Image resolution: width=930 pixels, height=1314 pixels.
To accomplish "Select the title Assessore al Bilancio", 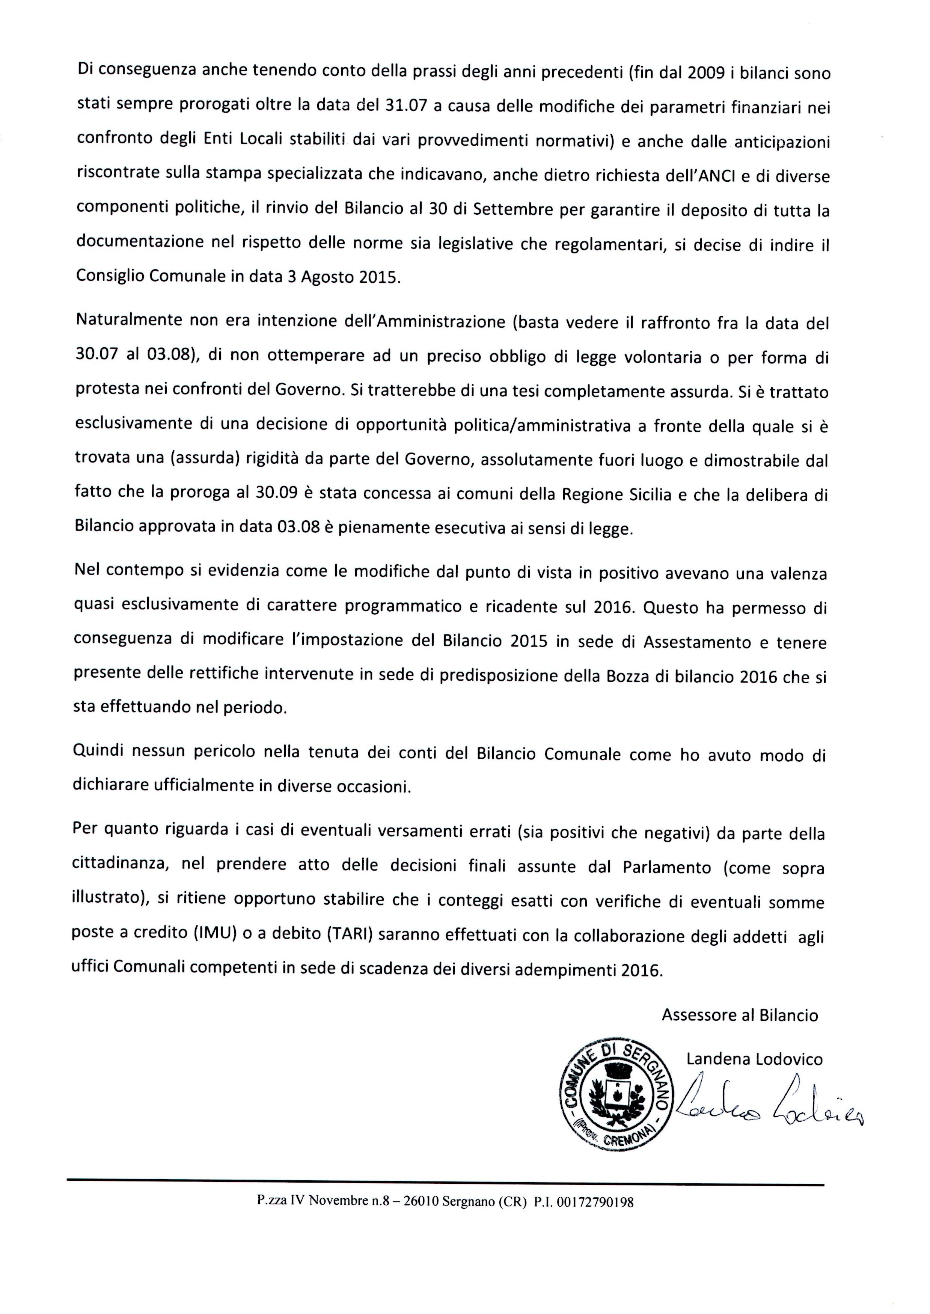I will pos(740,1016).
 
